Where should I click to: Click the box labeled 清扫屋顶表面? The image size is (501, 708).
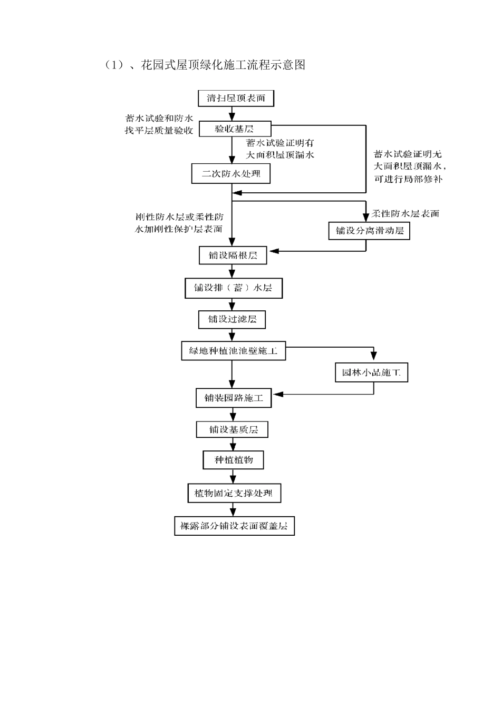[x=236, y=98]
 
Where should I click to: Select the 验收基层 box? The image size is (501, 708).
[x=235, y=129]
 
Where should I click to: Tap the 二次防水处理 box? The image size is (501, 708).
[x=230, y=173]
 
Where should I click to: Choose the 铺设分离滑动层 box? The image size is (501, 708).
[x=369, y=231]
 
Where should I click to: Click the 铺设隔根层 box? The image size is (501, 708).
[x=233, y=255]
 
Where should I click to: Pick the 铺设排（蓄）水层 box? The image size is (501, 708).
[x=233, y=288]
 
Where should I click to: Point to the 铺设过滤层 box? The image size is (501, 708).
[x=232, y=319]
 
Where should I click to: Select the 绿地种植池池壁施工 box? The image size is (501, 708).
[x=233, y=350]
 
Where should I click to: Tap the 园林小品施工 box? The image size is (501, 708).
[x=371, y=372]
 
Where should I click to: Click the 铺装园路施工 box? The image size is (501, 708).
[x=234, y=398]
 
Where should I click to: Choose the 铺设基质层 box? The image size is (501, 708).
[x=232, y=429]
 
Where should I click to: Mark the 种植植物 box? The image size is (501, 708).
[x=233, y=460]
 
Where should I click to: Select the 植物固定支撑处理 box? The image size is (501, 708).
[x=234, y=494]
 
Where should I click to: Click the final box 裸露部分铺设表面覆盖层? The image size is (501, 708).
[x=234, y=526]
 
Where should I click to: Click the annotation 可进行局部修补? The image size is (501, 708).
[x=408, y=179]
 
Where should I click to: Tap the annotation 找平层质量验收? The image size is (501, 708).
[x=159, y=131]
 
